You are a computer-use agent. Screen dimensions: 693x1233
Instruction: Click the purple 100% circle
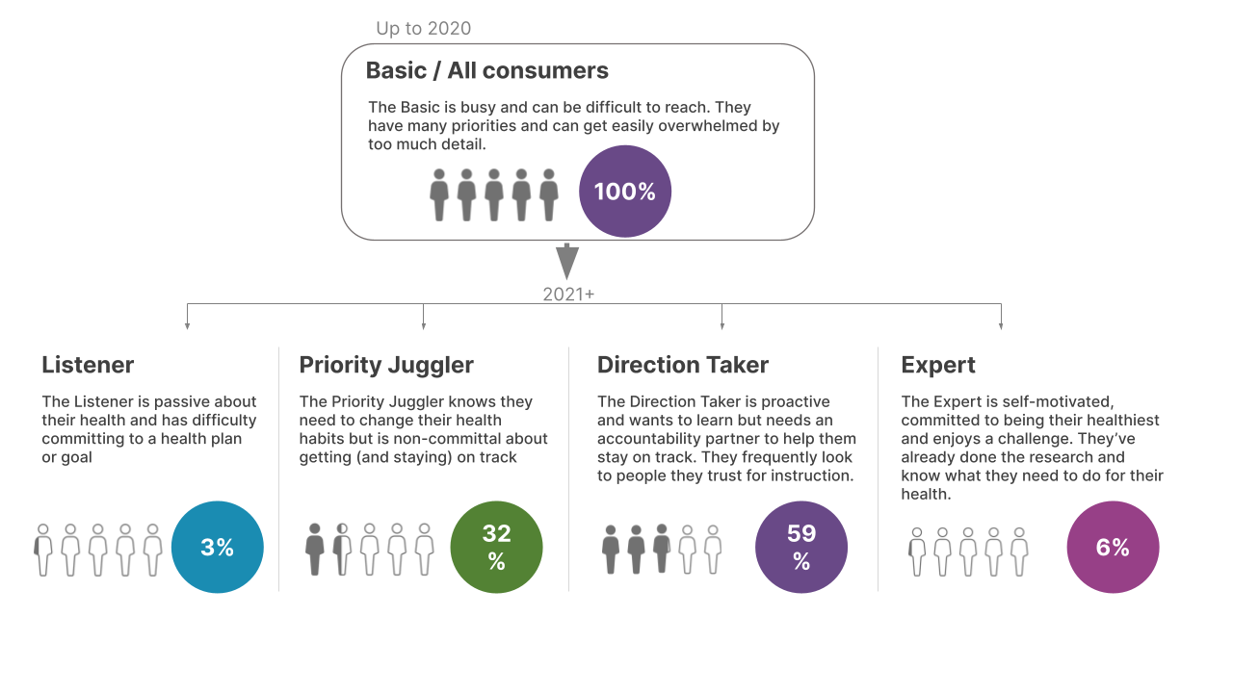point(624,192)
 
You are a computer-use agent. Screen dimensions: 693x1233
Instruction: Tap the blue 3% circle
point(217,547)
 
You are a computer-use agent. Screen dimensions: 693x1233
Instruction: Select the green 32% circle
point(496,547)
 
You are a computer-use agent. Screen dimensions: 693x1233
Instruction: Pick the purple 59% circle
point(800,547)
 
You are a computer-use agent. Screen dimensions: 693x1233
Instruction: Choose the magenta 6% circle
point(1112,547)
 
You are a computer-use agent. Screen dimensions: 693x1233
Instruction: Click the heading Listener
point(88,365)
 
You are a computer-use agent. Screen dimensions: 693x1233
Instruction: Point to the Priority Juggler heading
point(386,365)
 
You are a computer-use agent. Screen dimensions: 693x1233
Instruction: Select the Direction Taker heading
point(682,365)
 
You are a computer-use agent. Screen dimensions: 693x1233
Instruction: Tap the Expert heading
point(937,365)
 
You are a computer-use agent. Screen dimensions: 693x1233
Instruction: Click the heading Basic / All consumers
point(486,70)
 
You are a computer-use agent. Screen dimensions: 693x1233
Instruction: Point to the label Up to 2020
point(423,28)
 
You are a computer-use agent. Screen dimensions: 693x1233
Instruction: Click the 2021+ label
point(568,295)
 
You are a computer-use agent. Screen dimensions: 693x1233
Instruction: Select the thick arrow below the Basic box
point(567,261)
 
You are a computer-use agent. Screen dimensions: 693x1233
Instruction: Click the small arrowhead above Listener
point(187,326)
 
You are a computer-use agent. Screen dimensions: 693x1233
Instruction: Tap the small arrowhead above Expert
point(1001,326)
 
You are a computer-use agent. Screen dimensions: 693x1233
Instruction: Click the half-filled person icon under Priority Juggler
point(342,551)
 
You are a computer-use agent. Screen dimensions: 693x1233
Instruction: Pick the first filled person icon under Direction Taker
point(610,551)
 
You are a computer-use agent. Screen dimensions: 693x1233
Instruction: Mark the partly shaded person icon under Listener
point(42,551)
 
